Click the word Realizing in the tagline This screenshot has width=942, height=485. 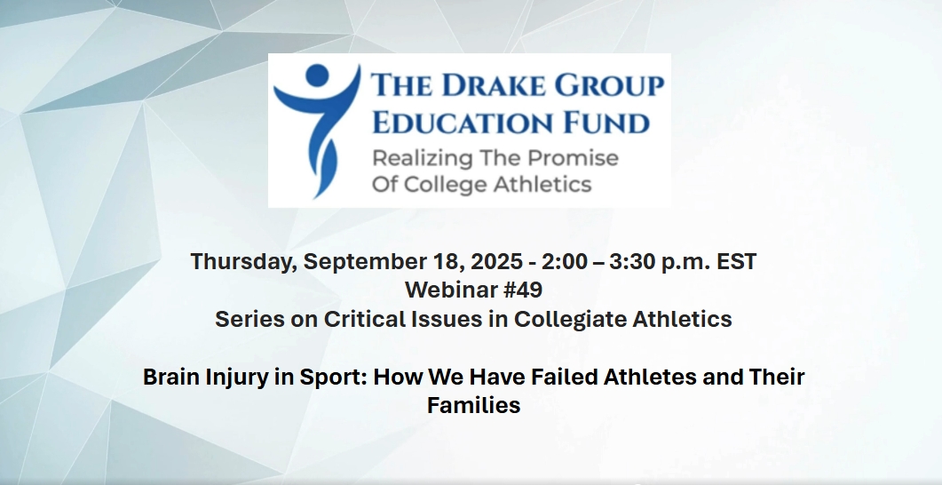(414, 159)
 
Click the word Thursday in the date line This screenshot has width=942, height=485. (244, 262)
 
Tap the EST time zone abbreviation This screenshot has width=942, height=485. (737, 261)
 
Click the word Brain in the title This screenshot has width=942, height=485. (172, 377)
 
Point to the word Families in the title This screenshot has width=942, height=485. (473, 405)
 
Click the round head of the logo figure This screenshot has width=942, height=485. (317, 76)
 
